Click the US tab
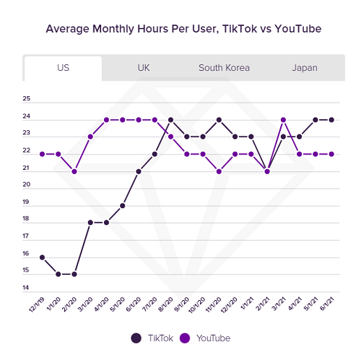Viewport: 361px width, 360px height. pyautogui.click(x=63, y=68)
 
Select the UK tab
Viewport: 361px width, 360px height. pyautogui.click(x=144, y=68)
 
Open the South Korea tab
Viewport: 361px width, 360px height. pyautogui.click(x=224, y=68)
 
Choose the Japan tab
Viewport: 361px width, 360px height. pyautogui.click(x=304, y=68)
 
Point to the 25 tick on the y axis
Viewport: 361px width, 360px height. pyautogui.click(x=27, y=99)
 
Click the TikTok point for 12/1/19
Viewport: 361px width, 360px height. pyautogui.click(x=43, y=257)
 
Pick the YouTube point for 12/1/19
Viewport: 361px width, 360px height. pyautogui.click(x=43, y=154)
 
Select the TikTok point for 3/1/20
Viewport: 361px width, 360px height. pyautogui.click(x=91, y=223)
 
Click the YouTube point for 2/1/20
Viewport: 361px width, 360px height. pyautogui.click(x=74, y=171)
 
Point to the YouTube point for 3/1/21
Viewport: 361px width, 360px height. pyautogui.click(x=284, y=120)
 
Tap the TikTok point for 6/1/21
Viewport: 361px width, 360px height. pyautogui.click(x=331, y=120)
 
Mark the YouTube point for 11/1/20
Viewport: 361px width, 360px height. pyautogui.click(x=219, y=171)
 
